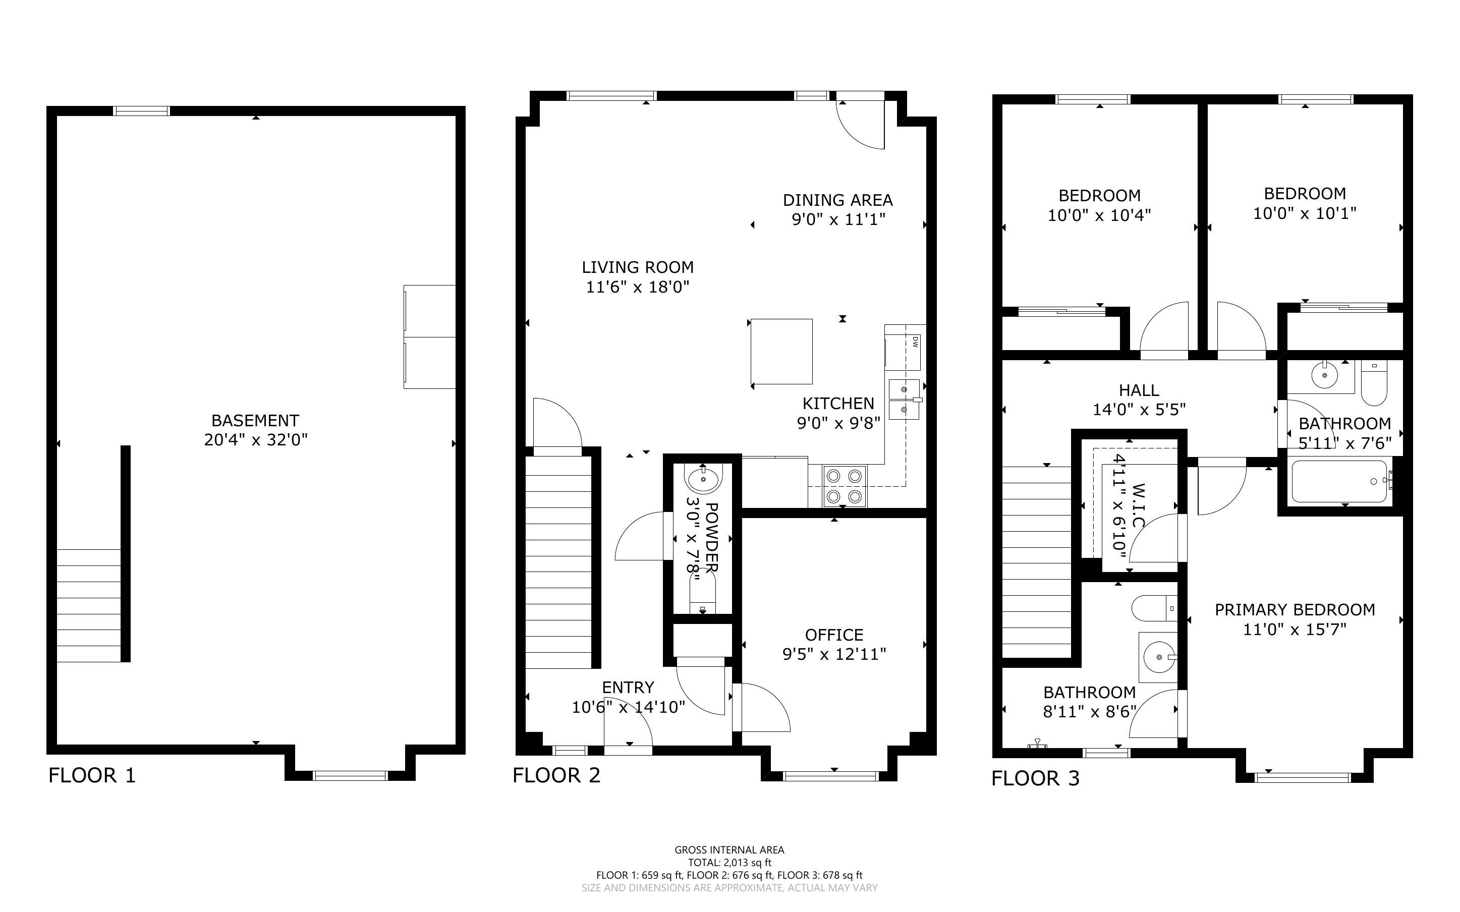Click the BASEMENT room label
click(255, 420)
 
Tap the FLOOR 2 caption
click(556, 775)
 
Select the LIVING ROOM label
click(638, 267)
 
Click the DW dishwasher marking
click(914, 342)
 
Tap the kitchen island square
click(781, 351)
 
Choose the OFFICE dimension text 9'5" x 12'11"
click(834, 654)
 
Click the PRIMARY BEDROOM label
click(1295, 610)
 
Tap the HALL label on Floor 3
click(1139, 390)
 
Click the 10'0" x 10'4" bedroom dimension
click(1099, 215)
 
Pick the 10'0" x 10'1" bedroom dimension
click(1305, 213)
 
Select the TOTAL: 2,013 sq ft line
click(729, 863)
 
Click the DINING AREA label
click(837, 200)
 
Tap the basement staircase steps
click(89, 605)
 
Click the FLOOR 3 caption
click(1035, 778)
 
